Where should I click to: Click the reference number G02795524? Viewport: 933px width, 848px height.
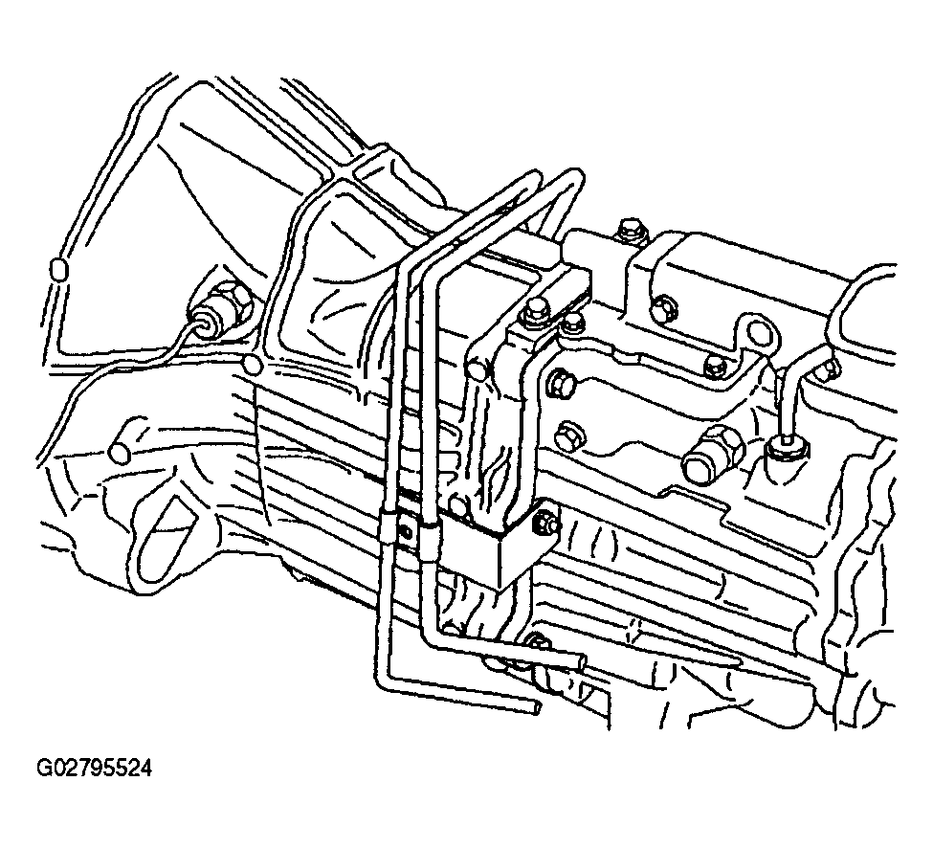click(95, 768)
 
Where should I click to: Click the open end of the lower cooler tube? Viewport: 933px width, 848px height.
click(537, 708)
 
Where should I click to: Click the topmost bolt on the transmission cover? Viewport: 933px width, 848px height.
click(630, 232)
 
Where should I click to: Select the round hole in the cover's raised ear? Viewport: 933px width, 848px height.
click(757, 330)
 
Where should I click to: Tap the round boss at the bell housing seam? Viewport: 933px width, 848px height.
click(253, 365)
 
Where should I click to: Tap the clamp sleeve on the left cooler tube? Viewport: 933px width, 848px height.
click(387, 526)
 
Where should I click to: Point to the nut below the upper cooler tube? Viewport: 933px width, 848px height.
click(538, 641)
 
